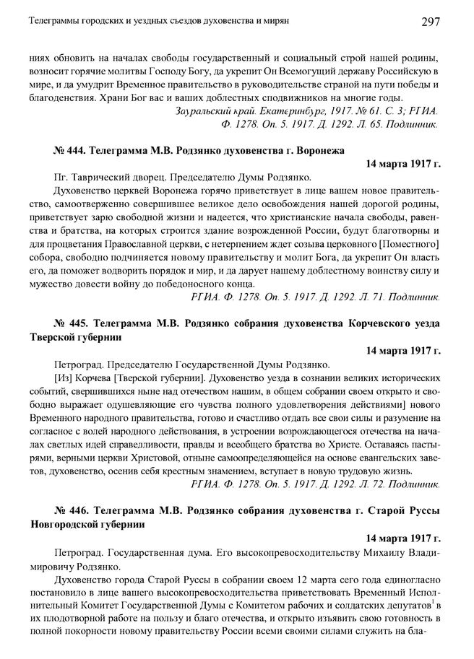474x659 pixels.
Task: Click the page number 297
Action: coord(431,22)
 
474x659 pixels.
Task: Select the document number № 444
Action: coord(69,150)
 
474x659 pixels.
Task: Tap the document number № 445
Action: coord(69,321)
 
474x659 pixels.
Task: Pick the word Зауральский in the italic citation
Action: coord(204,111)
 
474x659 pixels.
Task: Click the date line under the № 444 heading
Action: coord(402,164)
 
